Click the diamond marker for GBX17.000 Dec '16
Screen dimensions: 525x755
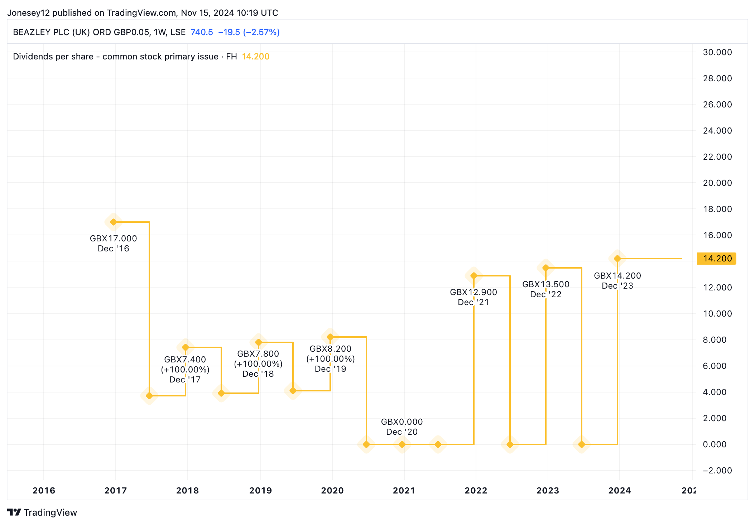(114, 222)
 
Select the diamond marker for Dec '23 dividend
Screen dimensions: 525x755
(617, 259)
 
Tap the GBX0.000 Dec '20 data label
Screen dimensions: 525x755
(402, 427)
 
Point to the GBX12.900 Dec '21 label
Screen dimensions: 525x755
(473, 297)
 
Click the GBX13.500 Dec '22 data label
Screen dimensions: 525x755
(546, 289)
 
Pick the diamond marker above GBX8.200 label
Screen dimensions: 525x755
(330, 337)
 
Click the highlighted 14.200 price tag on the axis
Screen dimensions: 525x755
(716, 259)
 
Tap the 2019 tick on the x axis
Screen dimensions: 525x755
(260, 491)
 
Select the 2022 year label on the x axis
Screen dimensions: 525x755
(476, 491)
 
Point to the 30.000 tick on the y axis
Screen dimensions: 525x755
(717, 52)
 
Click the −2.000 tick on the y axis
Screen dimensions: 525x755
(717, 471)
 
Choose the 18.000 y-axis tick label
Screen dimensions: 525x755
(717, 209)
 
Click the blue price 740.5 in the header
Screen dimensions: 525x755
(202, 32)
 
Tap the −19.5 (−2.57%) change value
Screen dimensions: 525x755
(249, 32)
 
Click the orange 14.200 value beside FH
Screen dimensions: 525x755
(256, 57)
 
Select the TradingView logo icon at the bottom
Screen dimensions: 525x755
(14, 512)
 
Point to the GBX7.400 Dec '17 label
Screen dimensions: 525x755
(185, 370)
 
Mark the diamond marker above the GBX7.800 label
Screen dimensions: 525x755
(259, 342)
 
